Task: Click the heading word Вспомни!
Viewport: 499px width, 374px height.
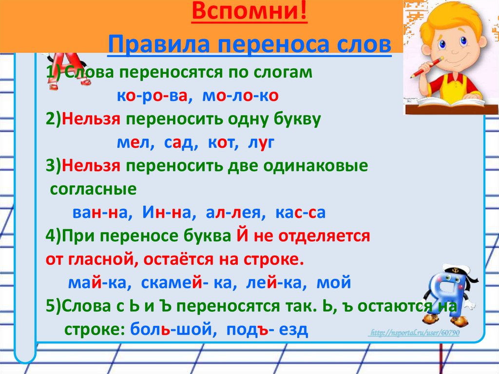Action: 249,12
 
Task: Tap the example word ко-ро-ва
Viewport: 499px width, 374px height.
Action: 152,96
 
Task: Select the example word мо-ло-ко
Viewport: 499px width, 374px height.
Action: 240,96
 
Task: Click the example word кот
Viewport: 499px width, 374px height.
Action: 221,143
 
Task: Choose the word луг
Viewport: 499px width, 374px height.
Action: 261,143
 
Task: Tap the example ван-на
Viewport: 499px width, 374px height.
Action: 99,213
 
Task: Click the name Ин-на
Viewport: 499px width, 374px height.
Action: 166,212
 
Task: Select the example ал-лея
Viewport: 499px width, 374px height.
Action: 233,213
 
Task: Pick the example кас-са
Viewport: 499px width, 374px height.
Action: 300,213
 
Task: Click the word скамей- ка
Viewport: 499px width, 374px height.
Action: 186,282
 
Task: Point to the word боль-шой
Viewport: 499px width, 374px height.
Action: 171,330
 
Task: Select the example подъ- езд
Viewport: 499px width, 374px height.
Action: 268,330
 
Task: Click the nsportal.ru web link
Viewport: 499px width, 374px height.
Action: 414,333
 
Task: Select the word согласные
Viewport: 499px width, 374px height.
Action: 93,190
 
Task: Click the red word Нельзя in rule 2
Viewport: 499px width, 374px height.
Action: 91,119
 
